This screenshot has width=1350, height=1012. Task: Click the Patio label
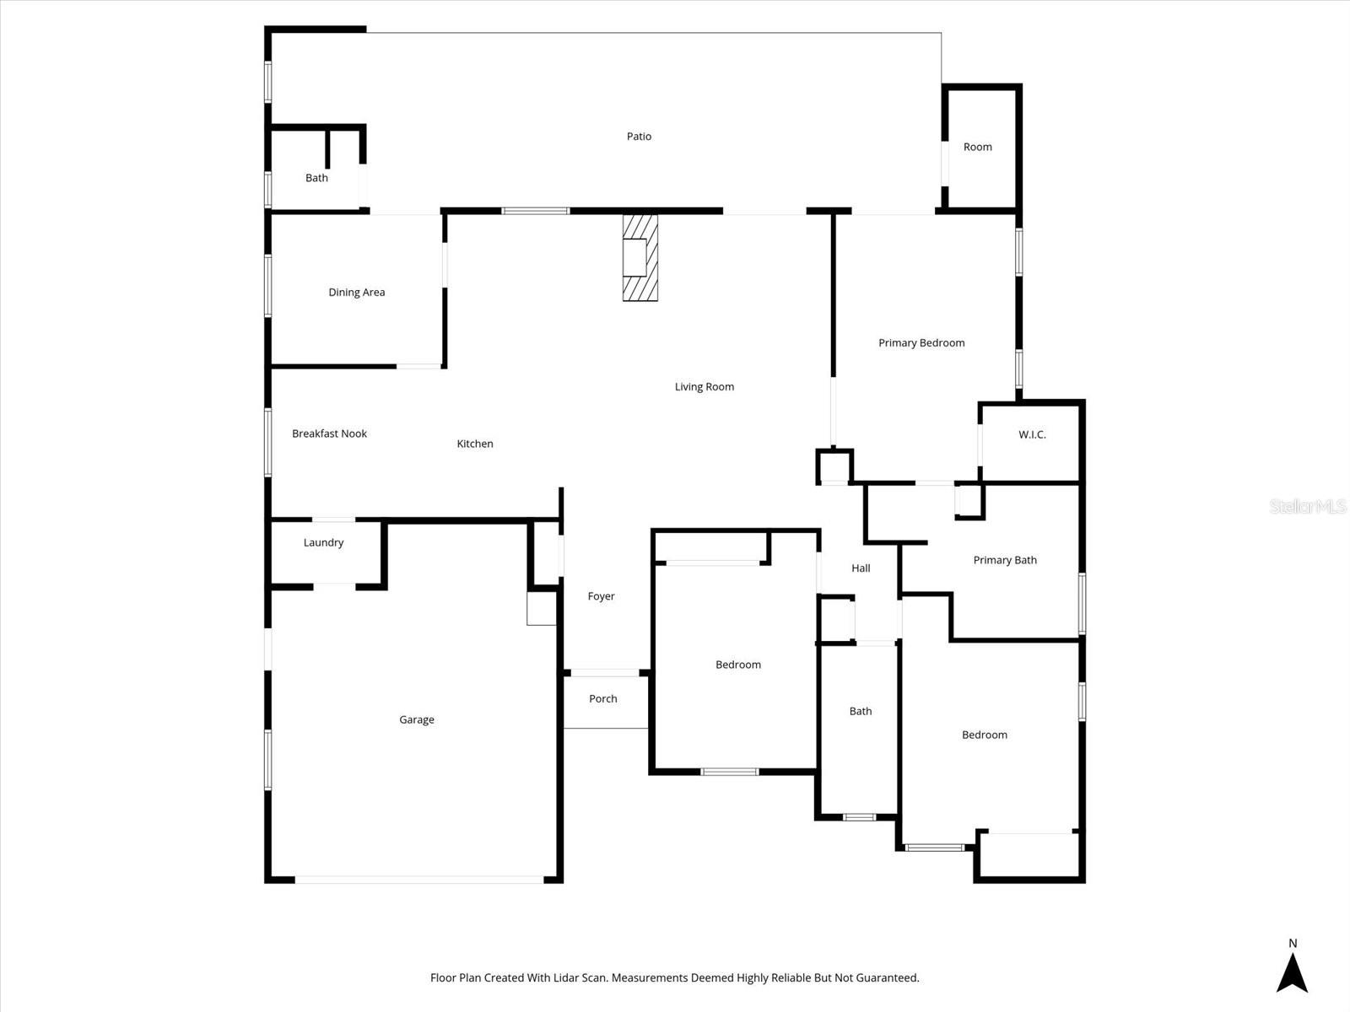(639, 137)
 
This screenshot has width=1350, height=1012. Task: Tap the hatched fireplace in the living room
(640, 257)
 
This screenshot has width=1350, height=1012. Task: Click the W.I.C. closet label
(1032, 435)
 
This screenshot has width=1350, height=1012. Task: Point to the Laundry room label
(323, 543)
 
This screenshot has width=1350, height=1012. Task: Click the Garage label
(417, 720)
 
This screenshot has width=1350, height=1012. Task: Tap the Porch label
(602, 699)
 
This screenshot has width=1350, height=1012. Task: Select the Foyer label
(601, 596)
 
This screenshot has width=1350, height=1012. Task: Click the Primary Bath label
(1004, 560)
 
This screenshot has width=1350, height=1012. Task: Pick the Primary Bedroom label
(921, 343)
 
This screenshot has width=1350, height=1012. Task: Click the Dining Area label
(356, 293)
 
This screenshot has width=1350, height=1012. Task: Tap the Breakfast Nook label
(329, 433)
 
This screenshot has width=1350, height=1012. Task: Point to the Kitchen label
(474, 444)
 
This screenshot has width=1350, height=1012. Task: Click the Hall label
(861, 568)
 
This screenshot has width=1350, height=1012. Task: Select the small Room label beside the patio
(977, 147)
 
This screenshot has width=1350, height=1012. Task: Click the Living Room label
(704, 387)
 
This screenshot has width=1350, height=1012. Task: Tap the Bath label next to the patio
(316, 178)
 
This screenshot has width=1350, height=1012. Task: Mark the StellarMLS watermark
(1307, 506)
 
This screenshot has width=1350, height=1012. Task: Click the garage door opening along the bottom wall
(419, 880)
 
